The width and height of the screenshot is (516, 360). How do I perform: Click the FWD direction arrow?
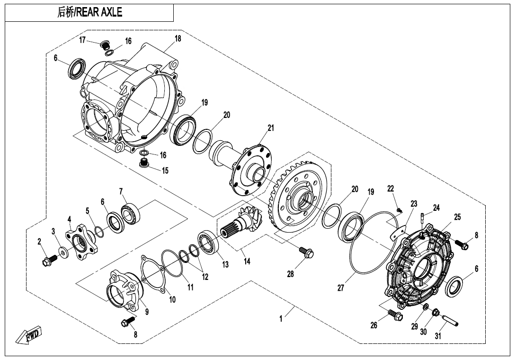29,335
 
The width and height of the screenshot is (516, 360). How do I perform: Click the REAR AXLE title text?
89,13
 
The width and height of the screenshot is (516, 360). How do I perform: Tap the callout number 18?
178,39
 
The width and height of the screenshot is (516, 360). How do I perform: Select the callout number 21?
270,128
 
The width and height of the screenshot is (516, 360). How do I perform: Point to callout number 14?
247,261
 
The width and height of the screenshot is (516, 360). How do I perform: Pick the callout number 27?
340,288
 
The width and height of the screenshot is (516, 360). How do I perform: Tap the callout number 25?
457,217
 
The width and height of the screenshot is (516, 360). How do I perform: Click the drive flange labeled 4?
83,240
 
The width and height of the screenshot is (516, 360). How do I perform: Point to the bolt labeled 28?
307,254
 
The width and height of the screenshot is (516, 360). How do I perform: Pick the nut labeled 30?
436,313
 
